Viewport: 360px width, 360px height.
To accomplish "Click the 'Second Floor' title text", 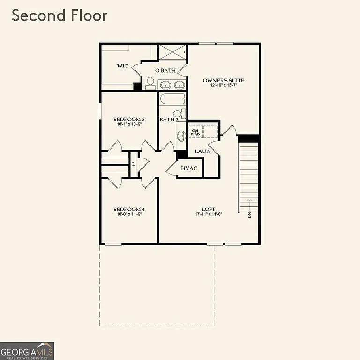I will (x=60, y=15).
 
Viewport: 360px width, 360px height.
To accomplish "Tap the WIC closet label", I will (x=123, y=66).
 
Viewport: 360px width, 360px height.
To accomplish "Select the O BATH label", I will (x=165, y=71).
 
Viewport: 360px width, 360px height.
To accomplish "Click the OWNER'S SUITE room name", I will (x=224, y=80).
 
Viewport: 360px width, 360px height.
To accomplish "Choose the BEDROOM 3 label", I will (x=129, y=120).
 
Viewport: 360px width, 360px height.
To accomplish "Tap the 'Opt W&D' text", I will (x=195, y=132).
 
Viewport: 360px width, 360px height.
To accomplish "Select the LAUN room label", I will (x=202, y=151).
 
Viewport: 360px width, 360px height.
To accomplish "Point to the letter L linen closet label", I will (x=134, y=164).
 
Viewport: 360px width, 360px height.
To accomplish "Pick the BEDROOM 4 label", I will (x=129, y=209).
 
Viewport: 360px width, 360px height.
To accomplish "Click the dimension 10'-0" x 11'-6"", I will (x=129, y=215).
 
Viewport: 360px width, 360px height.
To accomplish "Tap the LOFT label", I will (x=209, y=209).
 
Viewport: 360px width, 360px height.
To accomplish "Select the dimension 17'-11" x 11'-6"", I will (x=209, y=215).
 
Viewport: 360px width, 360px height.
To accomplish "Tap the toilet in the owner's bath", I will (x=150, y=83).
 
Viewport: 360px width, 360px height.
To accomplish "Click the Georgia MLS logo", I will (x=27, y=351).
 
